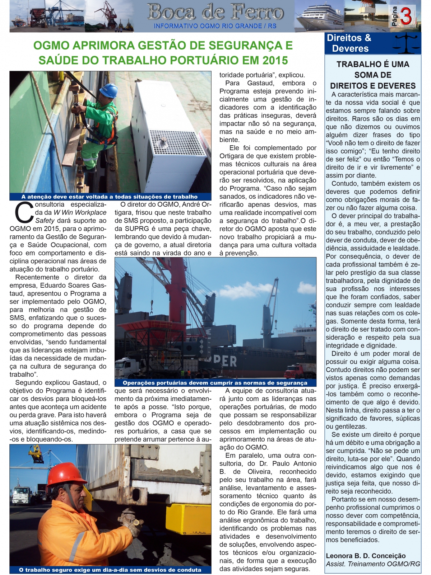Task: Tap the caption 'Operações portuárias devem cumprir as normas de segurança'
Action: coord(215,383)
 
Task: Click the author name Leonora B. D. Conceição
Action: coord(366,556)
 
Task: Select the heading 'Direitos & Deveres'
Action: coord(348,43)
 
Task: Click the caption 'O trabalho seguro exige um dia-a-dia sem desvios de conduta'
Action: coord(110,570)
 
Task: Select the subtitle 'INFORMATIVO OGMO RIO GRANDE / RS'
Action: coord(215,26)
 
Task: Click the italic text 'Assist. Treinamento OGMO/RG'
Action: coord(372,564)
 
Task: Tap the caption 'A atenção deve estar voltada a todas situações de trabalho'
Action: coord(110,197)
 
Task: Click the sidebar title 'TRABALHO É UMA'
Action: coord(373,65)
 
